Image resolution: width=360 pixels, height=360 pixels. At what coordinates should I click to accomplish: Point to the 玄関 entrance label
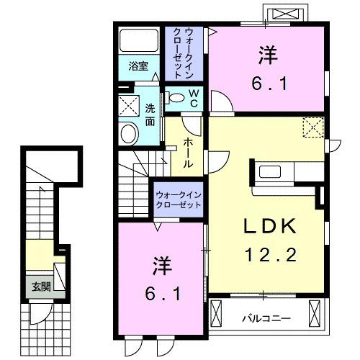tap(40, 286)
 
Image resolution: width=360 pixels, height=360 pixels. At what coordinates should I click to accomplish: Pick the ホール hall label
tap(187, 152)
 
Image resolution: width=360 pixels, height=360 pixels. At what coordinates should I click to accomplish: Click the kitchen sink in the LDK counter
tap(272, 173)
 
